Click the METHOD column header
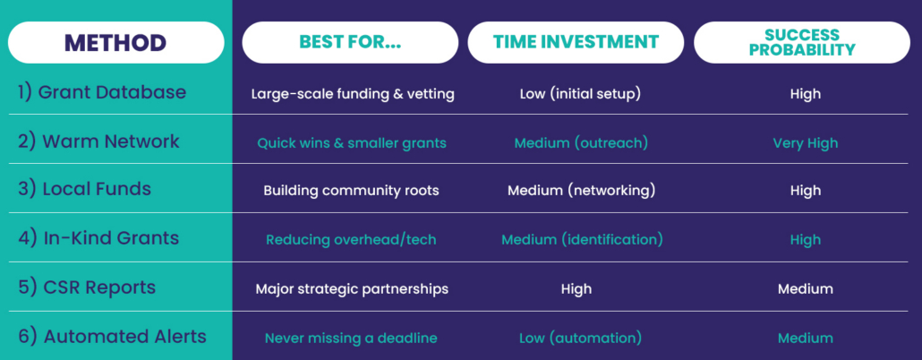(115, 42)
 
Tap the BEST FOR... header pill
(350, 42)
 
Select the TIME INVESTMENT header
(576, 42)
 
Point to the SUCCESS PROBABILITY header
(802, 42)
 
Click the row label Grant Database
(102, 92)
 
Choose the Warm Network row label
(98, 141)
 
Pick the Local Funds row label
(84, 189)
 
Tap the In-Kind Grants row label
(98, 238)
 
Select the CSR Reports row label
(87, 287)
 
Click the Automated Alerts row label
(112, 337)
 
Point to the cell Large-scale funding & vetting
(353, 94)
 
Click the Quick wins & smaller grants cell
(352, 143)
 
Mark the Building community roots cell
(351, 191)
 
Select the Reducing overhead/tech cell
(352, 240)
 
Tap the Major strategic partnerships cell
(352, 289)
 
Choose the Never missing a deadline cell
(351, 339)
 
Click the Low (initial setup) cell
(580, 94)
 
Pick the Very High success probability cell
(806, 143)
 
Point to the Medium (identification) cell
(582, 240)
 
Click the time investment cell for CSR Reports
(576, 289)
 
